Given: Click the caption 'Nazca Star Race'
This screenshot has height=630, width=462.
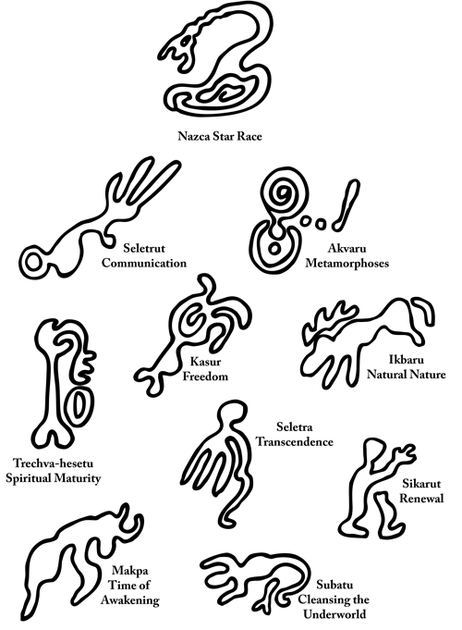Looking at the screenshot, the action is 220,136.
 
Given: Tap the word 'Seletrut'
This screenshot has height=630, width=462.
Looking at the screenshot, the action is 144,248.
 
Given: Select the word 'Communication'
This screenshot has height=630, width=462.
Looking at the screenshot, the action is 144,263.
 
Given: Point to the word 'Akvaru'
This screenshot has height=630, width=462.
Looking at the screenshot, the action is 346,248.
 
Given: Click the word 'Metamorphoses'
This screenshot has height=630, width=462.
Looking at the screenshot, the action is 346,263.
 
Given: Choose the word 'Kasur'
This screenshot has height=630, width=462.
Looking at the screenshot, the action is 205,361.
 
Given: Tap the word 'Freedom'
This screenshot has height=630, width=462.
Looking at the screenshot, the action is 205,377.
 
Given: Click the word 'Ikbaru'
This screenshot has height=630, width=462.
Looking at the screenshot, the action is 407,359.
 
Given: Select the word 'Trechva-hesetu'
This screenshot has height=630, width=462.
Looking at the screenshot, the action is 53,463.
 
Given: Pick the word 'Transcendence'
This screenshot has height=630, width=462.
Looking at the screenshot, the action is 295,441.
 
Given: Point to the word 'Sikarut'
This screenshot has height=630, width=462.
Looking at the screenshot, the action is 421,483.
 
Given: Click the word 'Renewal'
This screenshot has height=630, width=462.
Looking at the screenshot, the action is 421,499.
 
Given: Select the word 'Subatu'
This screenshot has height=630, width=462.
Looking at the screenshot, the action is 334,584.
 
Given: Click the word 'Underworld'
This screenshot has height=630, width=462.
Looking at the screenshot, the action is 334,614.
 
